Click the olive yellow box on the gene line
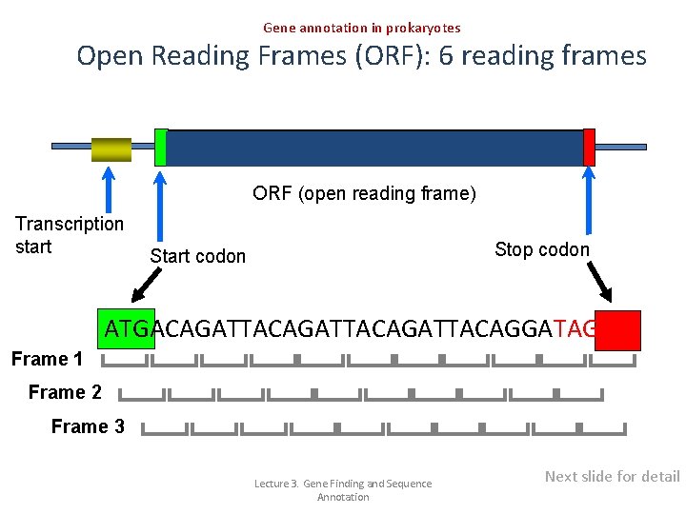[111, 149]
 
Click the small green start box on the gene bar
[160, 147]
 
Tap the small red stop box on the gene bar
[589, 147]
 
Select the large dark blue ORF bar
[374, 148]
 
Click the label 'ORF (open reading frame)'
[364, 194]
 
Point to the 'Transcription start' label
[69, 235]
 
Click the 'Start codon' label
[197, 256]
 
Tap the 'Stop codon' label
[542, 249]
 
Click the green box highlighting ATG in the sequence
[126, 329]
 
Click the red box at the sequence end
[617, 329]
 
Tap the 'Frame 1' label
[47, 359]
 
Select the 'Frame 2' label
[65, 392]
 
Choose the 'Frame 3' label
[88, 426]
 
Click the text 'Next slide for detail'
[612, 476]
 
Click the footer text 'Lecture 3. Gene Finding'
[342, 484]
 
